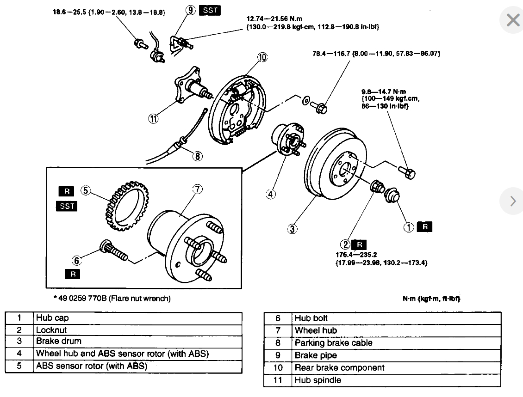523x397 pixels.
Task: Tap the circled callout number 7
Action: click(197, 189)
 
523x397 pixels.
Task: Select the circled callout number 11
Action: click(153, 119)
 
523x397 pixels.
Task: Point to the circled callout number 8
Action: click(198, 156)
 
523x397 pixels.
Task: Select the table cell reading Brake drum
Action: click(59, 341)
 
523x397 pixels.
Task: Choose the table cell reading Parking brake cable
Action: click(333, 343)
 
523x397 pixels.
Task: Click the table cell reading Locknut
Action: click(51, 330)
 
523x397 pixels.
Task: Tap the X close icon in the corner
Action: click(513, 20)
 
